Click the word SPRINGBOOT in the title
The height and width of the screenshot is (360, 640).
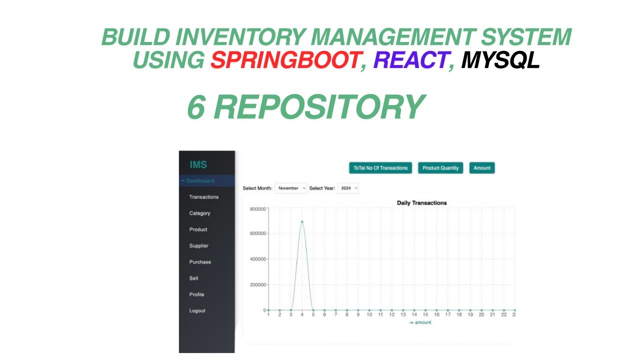tap(285, 60)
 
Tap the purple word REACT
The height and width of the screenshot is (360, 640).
tap(410, 60)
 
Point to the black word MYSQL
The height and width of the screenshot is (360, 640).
tap(500, 60)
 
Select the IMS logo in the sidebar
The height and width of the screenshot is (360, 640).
tap(198, 165)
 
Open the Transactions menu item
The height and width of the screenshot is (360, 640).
tap(204, 197)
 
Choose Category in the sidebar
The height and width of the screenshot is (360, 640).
tap(199, 213)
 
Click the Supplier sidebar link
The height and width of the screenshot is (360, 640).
tap(199, 246)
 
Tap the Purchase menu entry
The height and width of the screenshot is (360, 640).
tap(200, 262)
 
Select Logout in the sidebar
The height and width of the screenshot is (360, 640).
tap(197, 311)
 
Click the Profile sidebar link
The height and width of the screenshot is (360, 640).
tap(196, 294)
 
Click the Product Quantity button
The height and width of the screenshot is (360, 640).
tap(440, 168)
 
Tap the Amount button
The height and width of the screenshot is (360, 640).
tap(482, 168)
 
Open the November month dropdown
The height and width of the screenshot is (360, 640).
tap(291, 188)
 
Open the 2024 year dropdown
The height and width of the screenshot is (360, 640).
tap(348, 188)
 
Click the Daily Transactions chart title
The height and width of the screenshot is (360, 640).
tap(421, 203)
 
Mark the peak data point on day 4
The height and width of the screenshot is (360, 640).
tap(302, 222)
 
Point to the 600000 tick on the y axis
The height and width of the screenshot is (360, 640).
tap(258, 233)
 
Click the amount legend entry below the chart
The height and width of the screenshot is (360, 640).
tap(420, 322)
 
